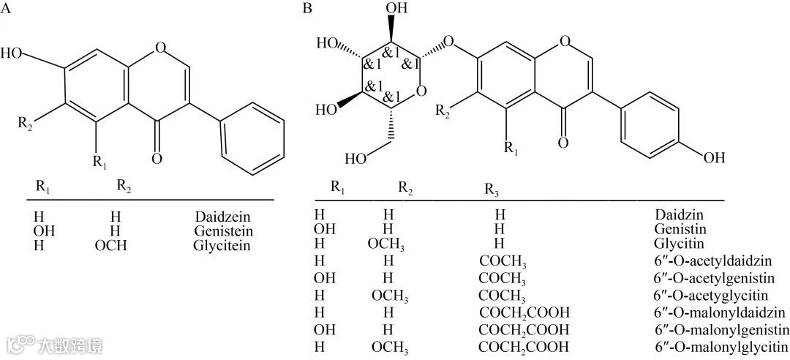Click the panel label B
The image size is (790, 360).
pos(308,9)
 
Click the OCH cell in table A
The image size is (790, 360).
pos(110,245)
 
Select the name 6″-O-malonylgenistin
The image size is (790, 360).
pos(722,329)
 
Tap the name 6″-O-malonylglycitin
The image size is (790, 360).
pos(722,345)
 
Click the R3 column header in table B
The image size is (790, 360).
pos(492,190)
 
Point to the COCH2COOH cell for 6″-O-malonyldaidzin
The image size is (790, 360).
pos(524,312)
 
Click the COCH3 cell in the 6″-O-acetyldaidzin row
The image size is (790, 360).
pos(503,261)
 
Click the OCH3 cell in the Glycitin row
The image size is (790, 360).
pos(388,244)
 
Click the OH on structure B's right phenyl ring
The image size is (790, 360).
pos(712,157)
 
